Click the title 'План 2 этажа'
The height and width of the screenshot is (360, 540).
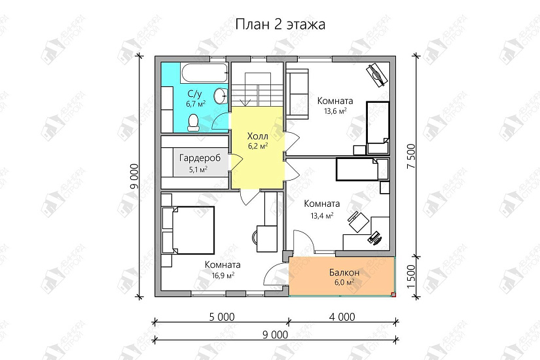click(279, 24)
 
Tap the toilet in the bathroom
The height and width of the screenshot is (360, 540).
click(193, 120)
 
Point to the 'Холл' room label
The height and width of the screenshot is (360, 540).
click(258, 135)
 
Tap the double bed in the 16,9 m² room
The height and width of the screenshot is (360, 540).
click(190, 230)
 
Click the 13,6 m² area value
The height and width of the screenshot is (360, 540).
click(335, 111)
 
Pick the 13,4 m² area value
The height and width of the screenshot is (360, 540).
click(322, 214)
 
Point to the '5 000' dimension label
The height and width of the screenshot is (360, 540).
click(221, 317)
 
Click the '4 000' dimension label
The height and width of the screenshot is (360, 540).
click(342, 317)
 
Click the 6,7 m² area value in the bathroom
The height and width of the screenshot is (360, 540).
click(196, 103)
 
